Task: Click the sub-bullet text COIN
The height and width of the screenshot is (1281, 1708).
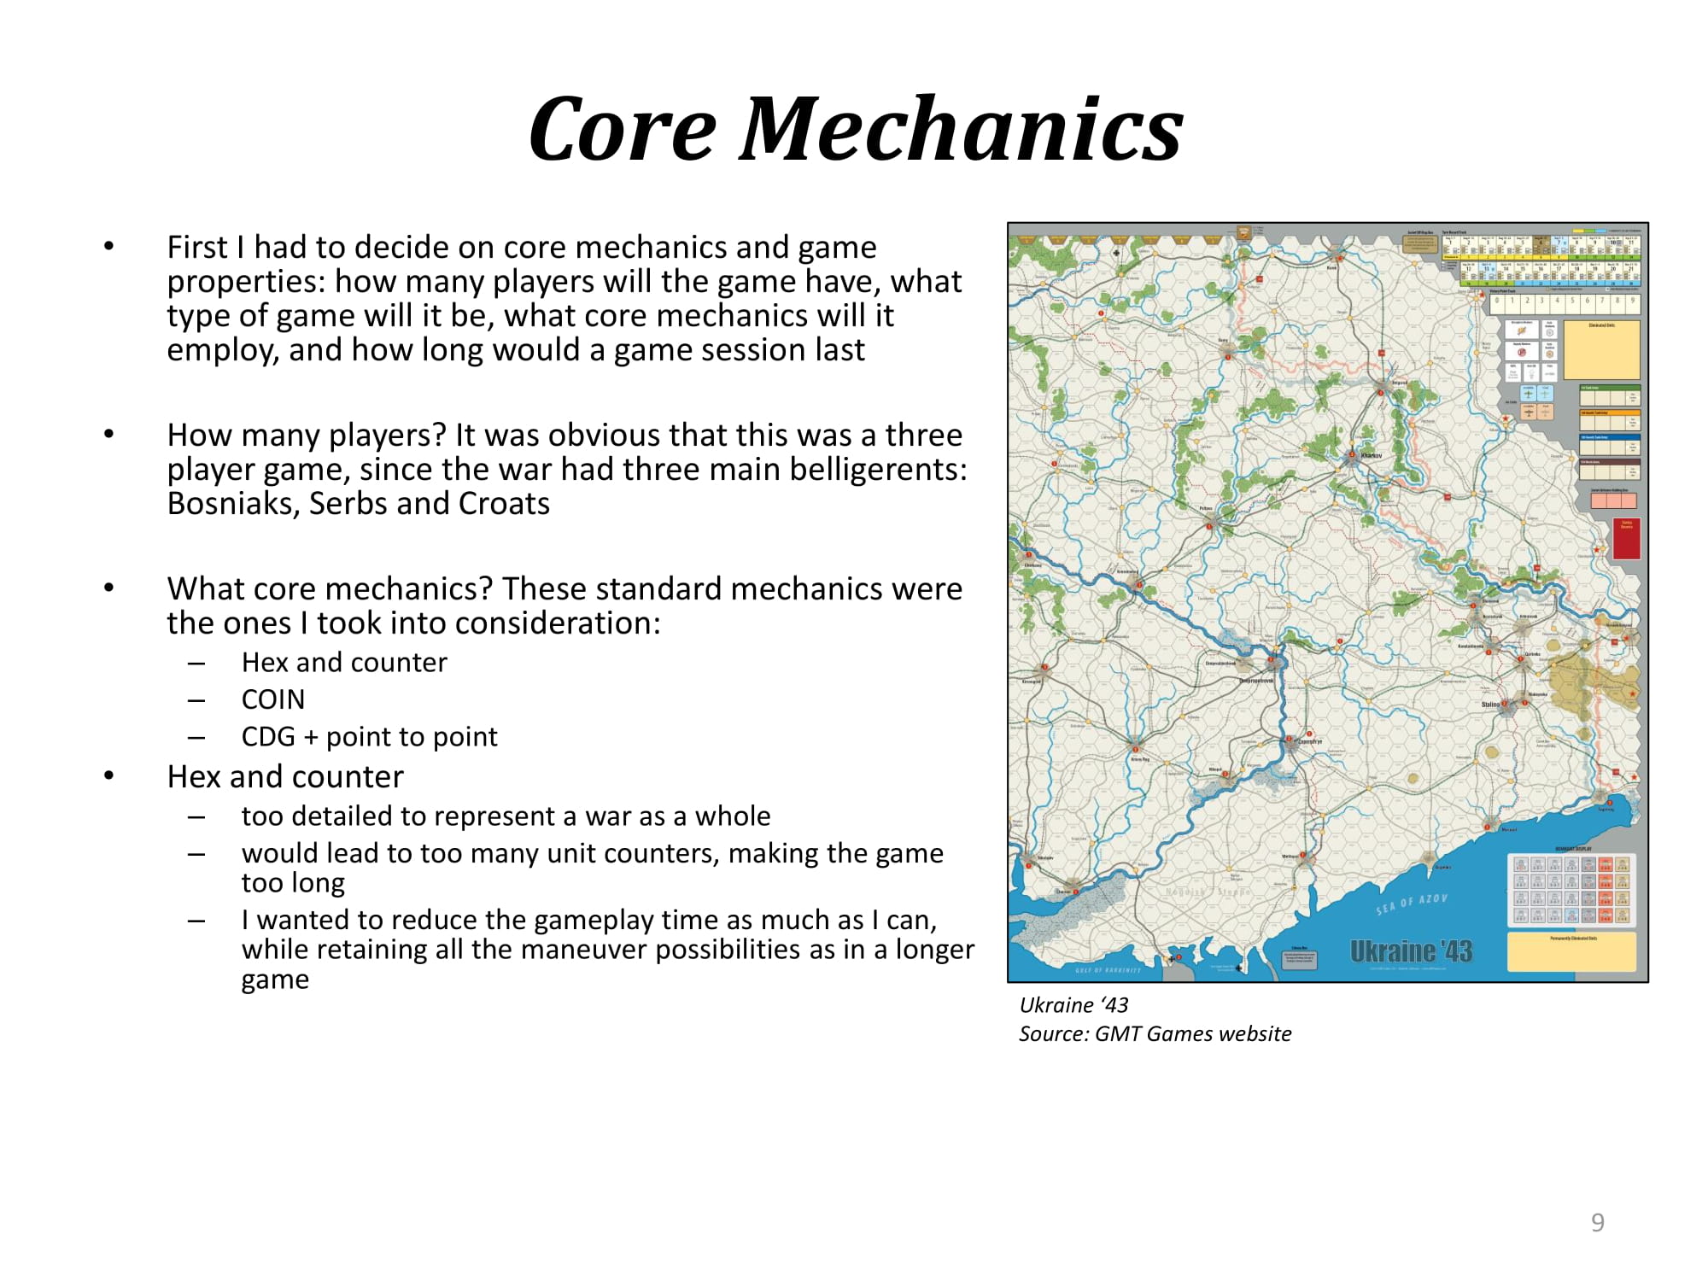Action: [x=273, y=699]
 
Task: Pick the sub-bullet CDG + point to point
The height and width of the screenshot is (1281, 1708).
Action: [x=369, y=736]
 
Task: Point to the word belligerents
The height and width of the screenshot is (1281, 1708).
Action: [x=879, y=470]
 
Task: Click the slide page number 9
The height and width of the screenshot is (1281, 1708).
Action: [x=1597, y=1222]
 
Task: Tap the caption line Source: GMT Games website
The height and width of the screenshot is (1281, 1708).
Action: [x=1155, y=1034]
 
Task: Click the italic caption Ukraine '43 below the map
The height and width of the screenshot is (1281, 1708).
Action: [x=1073, y=1005]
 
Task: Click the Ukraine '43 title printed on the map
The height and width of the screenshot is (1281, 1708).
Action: [x=1411, y=951]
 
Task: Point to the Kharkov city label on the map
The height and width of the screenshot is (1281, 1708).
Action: [x=1372, y=455]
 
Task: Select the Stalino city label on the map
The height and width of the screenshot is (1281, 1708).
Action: [x=1491, y=705]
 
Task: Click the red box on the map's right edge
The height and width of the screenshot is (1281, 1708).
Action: [x=1626, y=539]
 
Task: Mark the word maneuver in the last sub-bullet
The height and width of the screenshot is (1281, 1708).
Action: [x=582, y=950]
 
